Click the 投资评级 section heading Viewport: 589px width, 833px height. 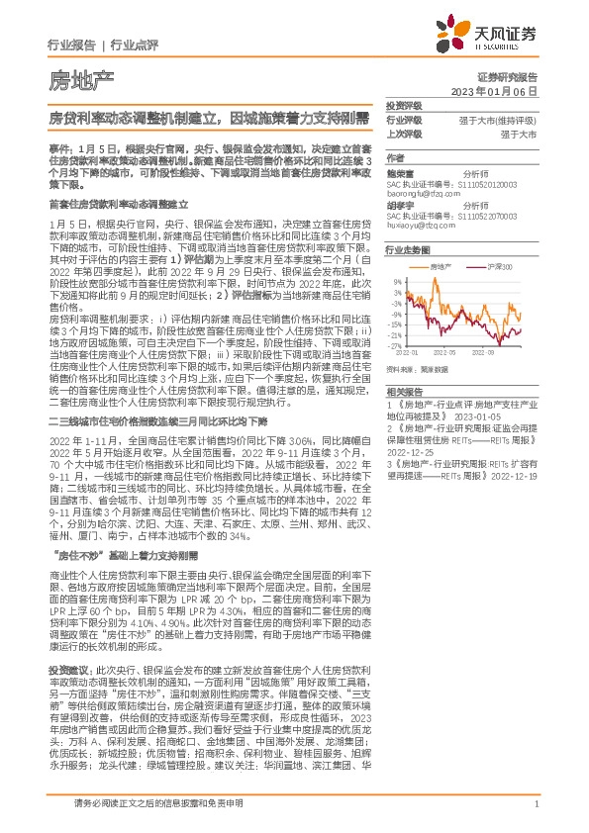403,105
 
